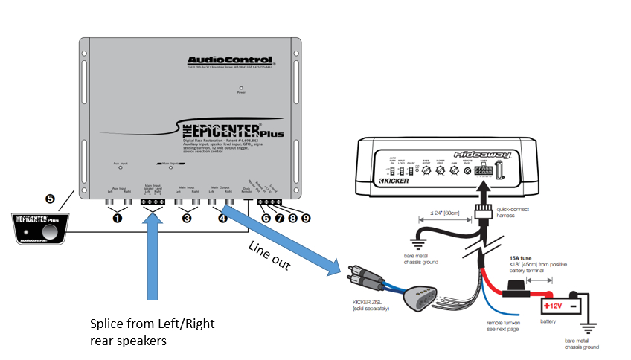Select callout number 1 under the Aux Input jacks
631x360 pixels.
(117, 219)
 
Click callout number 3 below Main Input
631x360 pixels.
(187, 219)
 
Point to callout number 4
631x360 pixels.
(222, 219)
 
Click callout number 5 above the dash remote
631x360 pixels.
(50, 199)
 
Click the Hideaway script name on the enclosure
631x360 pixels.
(490, 155)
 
